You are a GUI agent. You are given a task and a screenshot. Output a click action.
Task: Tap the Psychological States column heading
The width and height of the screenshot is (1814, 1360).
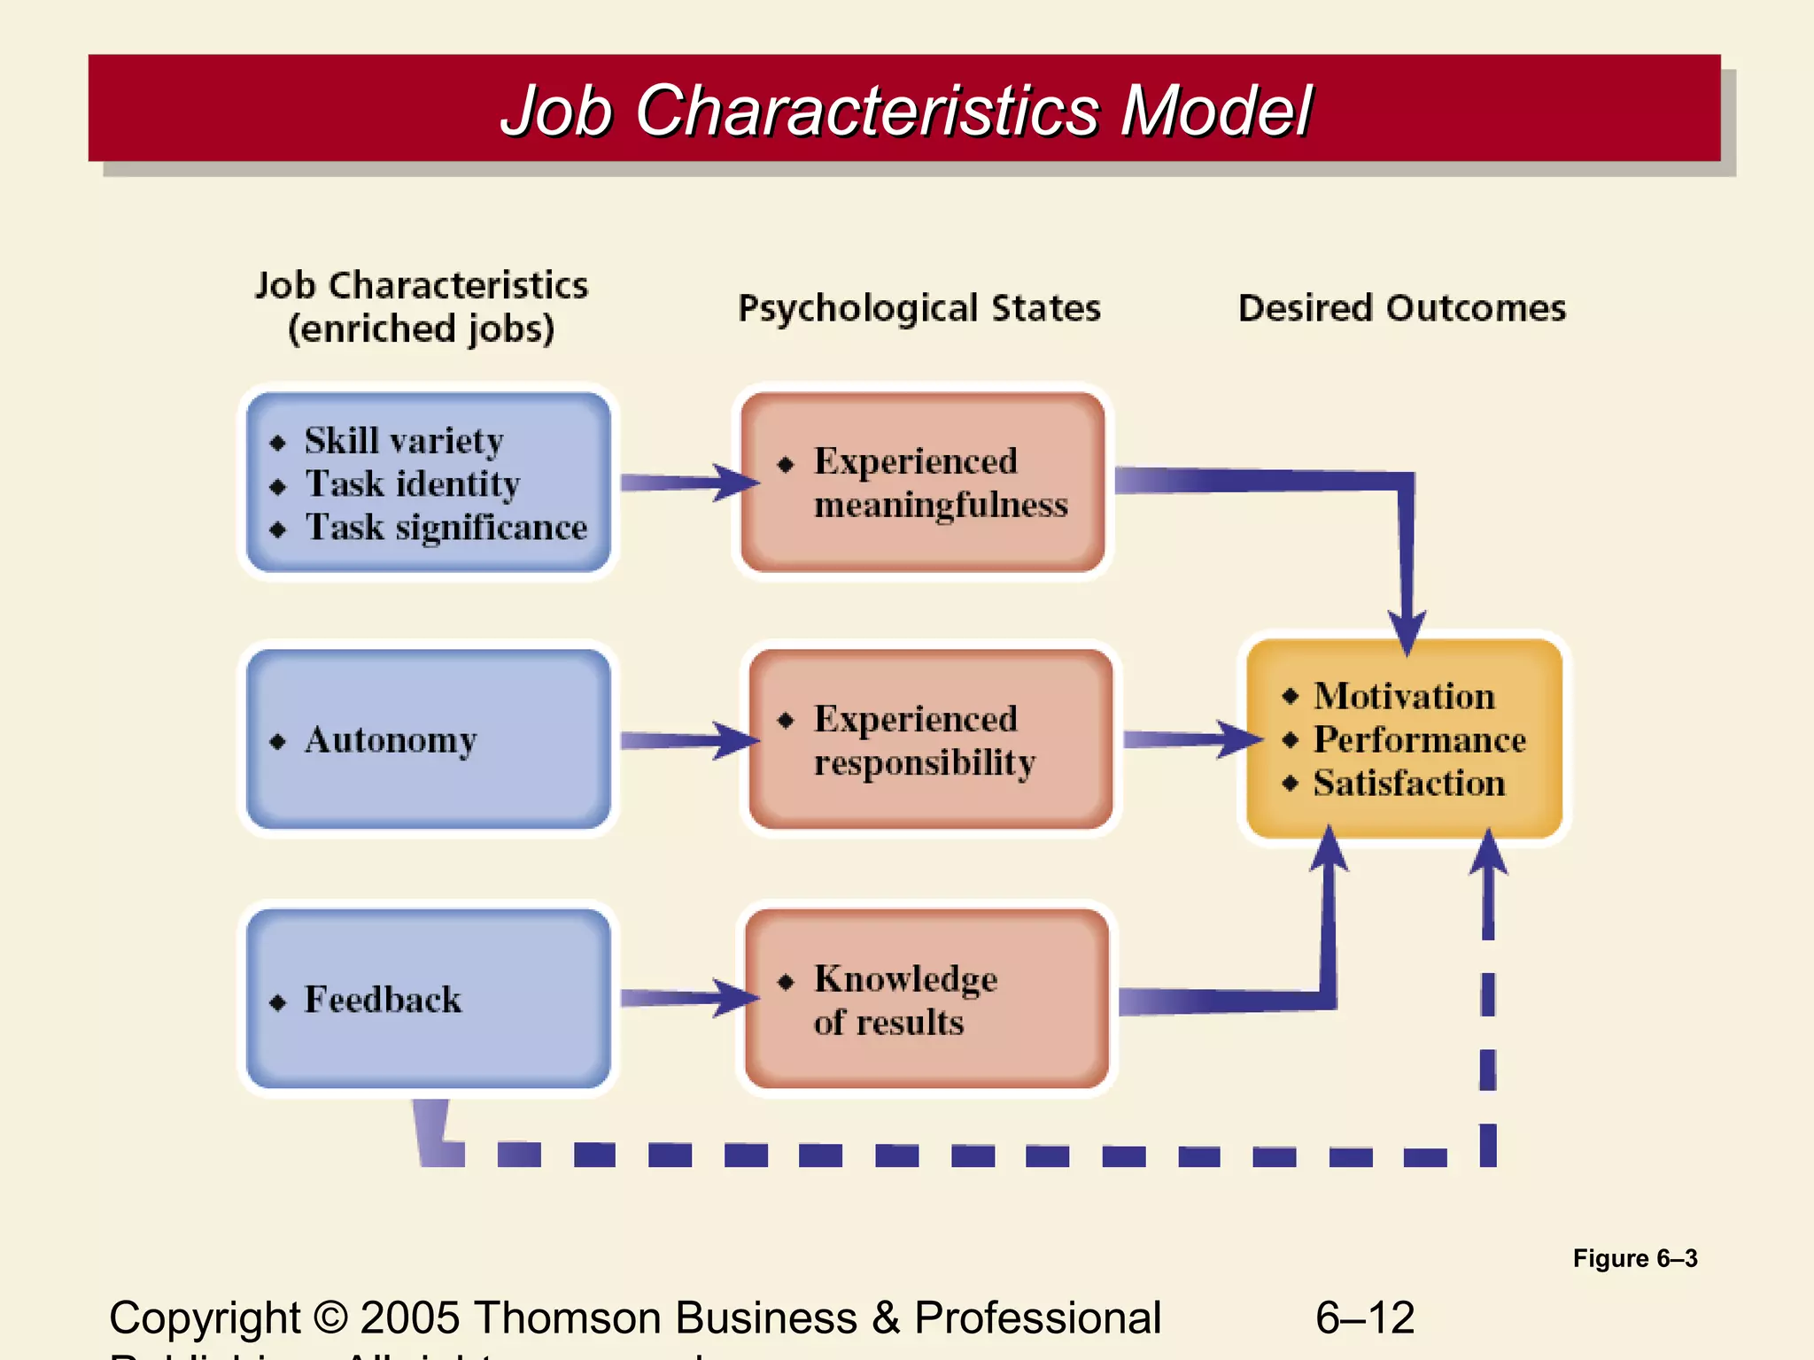coord(919,308)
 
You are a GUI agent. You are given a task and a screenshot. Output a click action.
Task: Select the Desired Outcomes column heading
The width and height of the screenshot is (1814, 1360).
coord(1401,308)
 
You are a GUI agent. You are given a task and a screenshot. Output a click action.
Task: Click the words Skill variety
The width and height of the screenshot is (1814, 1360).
coord(404,441)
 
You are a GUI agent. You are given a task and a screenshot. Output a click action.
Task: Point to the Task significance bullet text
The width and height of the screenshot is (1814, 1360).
coord(446,528)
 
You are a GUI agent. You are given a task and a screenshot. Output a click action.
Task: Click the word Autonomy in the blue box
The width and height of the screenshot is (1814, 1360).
coord(391,740)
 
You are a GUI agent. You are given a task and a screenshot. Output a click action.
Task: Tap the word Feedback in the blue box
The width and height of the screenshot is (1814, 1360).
coord(383,1000)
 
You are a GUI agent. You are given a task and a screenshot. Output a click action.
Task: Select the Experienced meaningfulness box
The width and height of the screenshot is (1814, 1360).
coord(922,483)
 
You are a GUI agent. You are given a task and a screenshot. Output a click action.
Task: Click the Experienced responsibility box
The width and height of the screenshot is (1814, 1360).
coord(930,740)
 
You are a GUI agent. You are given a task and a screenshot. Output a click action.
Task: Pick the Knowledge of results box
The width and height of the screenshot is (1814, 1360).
coord(926,1000)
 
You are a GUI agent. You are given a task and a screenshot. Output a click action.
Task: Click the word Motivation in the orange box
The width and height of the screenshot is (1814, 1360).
coord(1404,696)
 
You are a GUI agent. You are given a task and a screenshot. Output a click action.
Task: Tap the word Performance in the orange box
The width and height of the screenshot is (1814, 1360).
coord(1419,739)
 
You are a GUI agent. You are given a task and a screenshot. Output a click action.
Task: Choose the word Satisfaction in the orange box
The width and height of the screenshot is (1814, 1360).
coord(1408,784)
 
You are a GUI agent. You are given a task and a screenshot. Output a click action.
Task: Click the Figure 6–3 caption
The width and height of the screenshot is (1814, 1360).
coord(1634,1258)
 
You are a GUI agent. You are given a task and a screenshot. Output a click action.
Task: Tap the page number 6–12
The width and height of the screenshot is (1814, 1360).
coord(1364,1317)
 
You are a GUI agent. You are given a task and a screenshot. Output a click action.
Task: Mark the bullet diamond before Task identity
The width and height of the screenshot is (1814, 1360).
coord(278,487)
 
